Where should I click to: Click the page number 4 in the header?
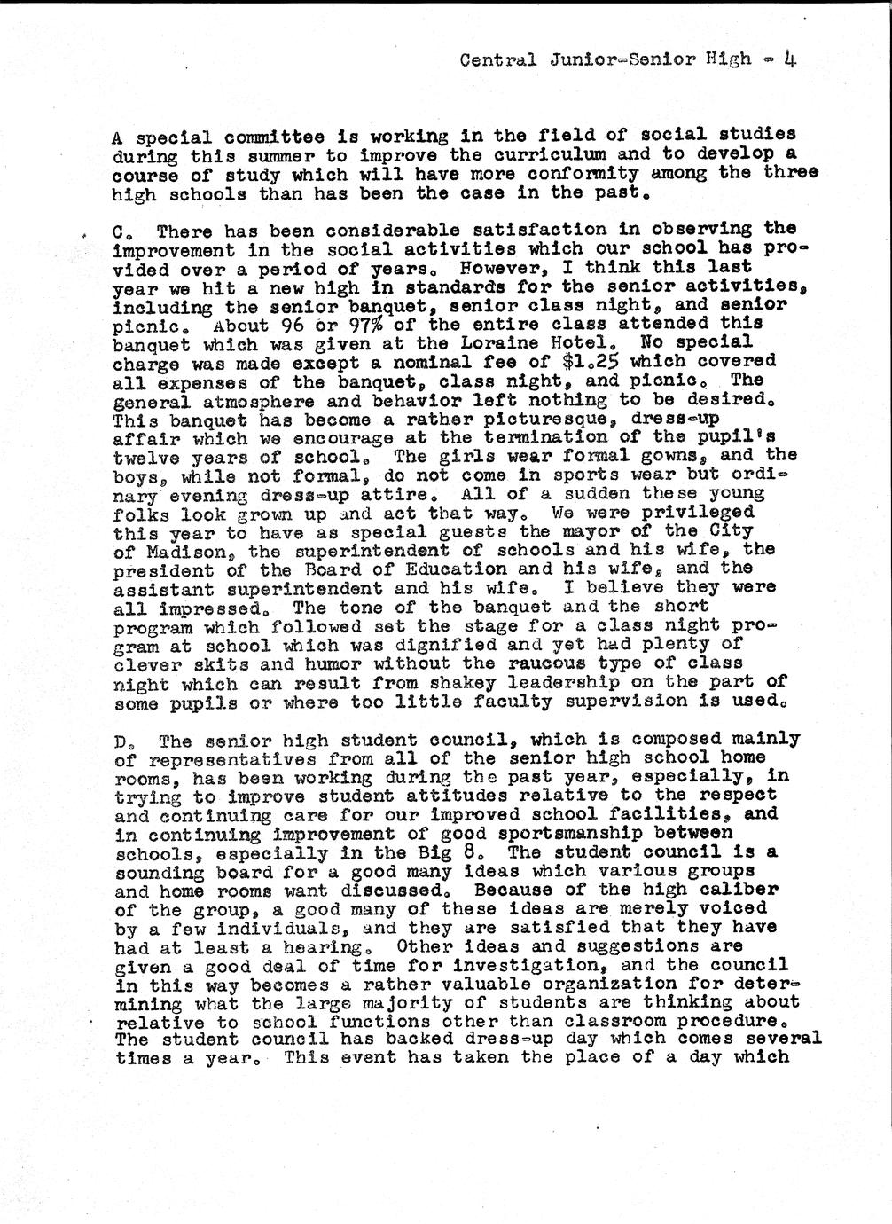pos(787,60)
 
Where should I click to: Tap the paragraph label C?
pos(120,232)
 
